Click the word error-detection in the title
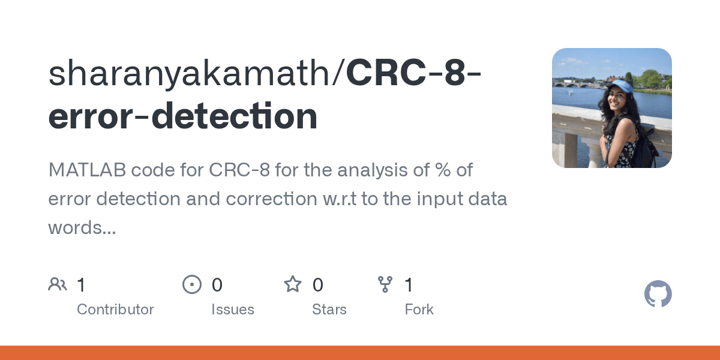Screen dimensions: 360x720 click(183, 117)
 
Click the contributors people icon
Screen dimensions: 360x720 click(58, 284)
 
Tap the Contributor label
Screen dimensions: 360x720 click(115, 310)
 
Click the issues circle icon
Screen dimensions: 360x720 click(191, 284)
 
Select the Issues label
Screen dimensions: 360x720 click(232, 310)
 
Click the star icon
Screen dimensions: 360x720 click(293, 284)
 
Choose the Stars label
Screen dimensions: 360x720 click(329, 310)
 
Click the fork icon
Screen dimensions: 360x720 click(385, 284)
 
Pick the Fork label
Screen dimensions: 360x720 click(419, 310)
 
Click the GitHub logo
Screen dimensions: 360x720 click(658, 295)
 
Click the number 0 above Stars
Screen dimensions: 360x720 click(318, 285)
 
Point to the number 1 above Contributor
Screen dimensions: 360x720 click(81, 285)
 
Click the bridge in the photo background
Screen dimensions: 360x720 click(576, 84)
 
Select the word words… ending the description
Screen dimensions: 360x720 click(82, 227)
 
